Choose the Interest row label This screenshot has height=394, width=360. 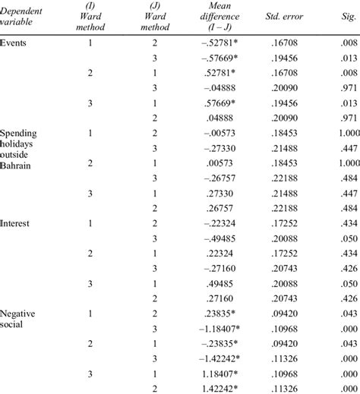tap(16, 223)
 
